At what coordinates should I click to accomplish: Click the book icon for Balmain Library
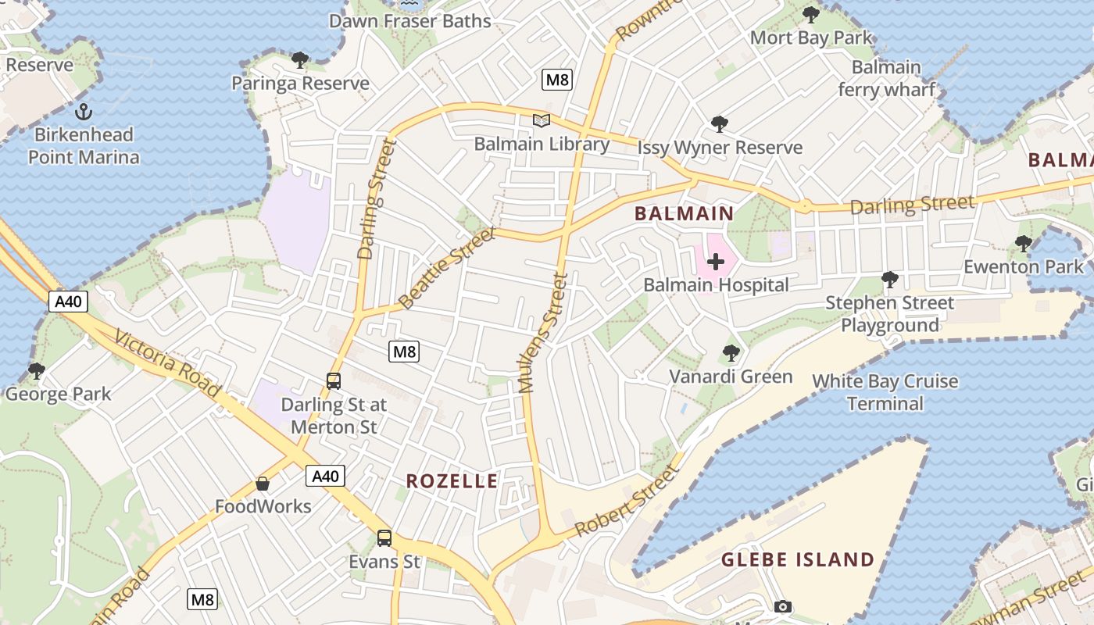(x=541, y=120)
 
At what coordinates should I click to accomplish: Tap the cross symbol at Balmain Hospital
(x=715, y=262)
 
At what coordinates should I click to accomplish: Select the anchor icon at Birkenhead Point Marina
(x=84, y=111)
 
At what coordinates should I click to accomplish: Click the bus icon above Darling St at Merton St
(x=334, y=381)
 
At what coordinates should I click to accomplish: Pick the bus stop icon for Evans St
(x=384, y=537)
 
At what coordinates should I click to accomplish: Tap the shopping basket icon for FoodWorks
(x=263, y=484)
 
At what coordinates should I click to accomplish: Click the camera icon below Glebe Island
(x=782, y=606)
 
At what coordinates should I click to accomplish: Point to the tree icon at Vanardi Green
(x=731, y=353)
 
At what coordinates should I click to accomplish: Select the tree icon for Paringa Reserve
(x=299, y=60)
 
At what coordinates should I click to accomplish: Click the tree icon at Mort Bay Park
(x=810, y=14)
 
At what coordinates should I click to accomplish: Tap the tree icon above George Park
(x=36, y=370)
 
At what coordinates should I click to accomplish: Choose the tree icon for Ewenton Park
(x=1023, y=244)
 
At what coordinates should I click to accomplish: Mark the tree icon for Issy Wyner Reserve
(x=719, y=124)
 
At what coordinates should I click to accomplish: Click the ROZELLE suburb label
(x=452, y=481)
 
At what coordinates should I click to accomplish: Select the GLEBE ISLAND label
(x=797, y=559)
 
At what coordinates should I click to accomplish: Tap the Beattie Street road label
(x=447, y=268)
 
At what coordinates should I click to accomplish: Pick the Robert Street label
(x=625, y=502)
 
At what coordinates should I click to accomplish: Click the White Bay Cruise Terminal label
(x=885, y=392)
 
